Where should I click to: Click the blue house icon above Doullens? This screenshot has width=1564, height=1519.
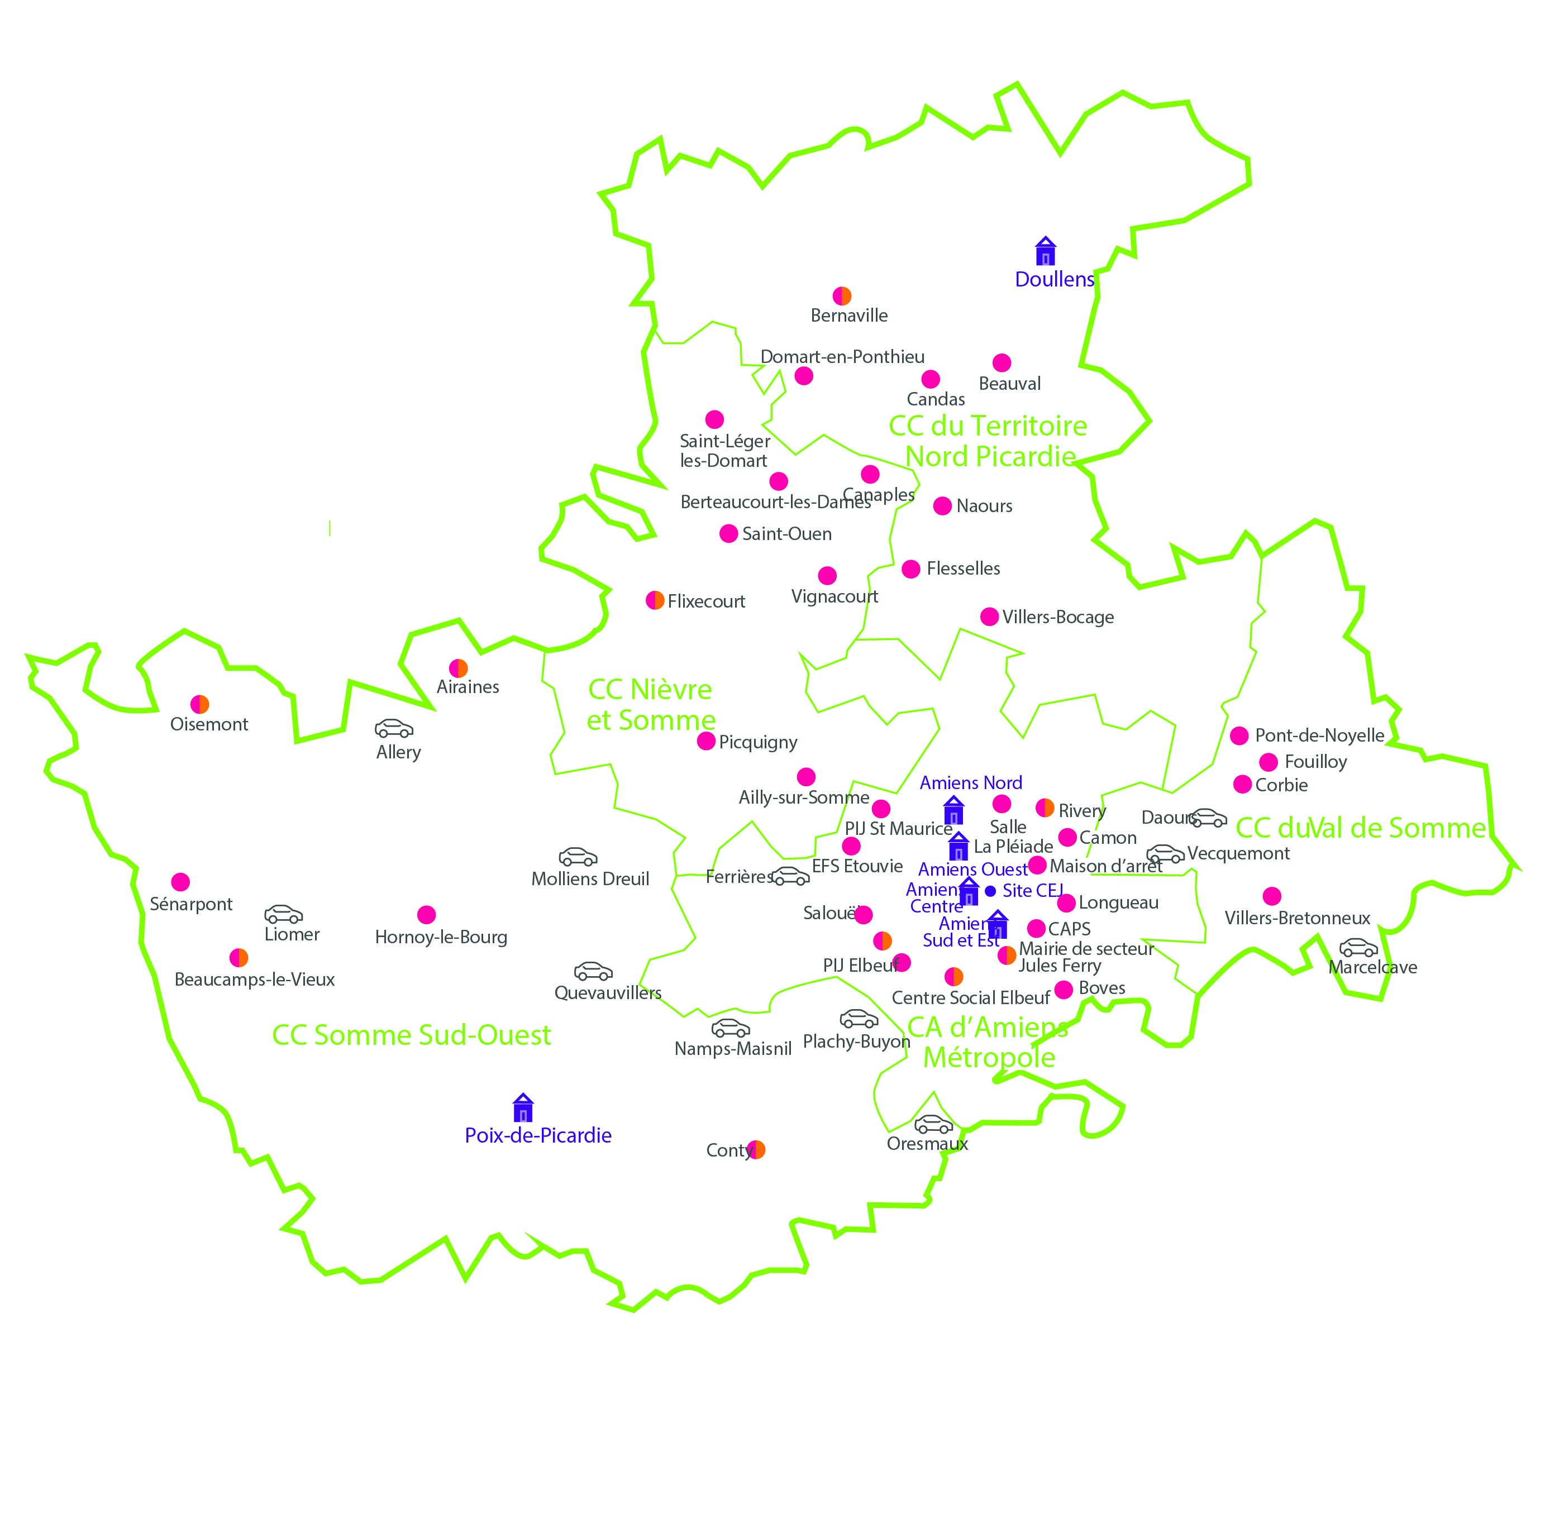(1045, 251)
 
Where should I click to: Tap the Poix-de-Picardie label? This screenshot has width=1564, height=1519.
(538, 1135)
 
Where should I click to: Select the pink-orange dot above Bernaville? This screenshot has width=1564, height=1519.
(842, 296)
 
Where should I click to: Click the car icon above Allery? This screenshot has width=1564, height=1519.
(394, 728)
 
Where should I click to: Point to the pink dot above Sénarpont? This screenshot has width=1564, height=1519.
(180, 882)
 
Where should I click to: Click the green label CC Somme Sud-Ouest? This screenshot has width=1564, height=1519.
(411, 1035)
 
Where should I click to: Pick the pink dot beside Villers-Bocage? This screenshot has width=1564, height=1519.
(989, 617)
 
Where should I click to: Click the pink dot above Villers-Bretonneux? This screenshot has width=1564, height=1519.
(1272, 896)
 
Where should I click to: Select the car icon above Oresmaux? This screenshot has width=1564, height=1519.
(933, 1125)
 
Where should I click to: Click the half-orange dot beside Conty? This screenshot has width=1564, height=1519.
(756, 1150)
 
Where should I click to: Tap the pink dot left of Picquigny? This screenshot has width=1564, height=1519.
(706, 741)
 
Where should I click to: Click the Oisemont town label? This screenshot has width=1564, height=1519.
(209, 724)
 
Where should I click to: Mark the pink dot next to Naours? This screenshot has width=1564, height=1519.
(942, 506)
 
